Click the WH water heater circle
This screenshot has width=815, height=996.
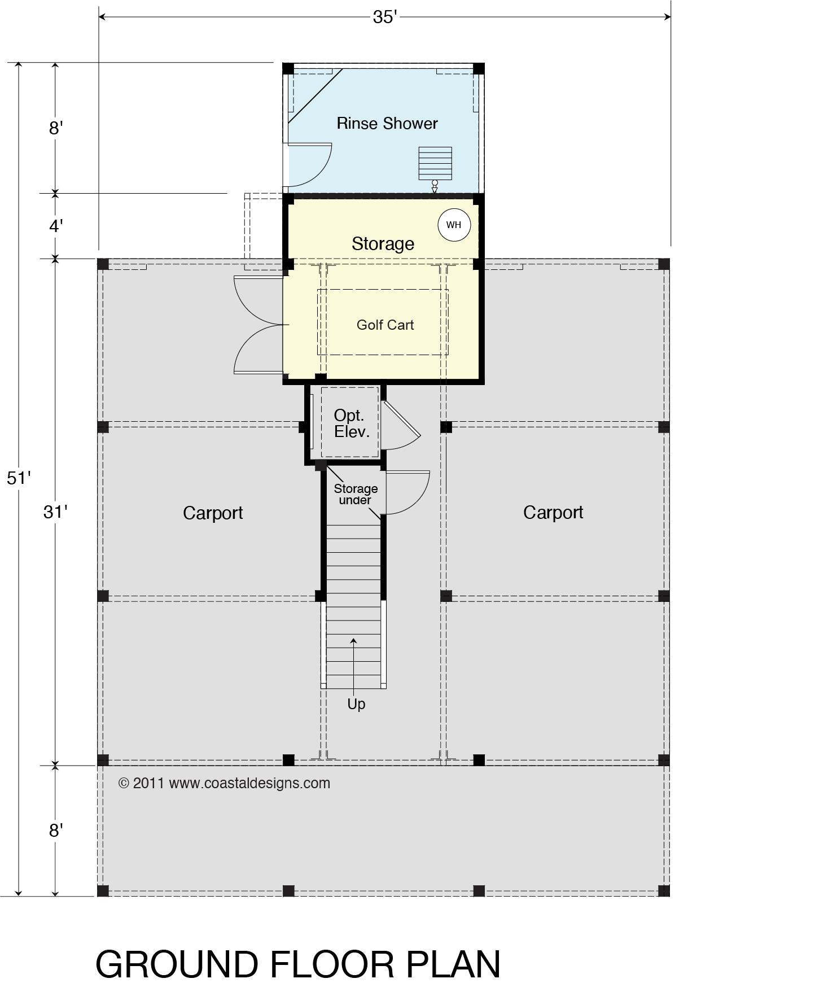coord(454,225)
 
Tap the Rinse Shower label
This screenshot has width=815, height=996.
coord(387,124)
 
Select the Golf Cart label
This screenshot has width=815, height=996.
coord(385,325)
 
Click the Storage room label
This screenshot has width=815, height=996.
coord(383,243)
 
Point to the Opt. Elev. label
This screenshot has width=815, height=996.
coord(352,423)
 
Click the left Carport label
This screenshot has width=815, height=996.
coord(213,513)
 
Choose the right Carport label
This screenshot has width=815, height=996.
coord(553,513)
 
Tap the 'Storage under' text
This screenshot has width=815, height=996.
coord(356,494)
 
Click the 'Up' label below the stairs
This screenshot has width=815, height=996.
coord(356,704)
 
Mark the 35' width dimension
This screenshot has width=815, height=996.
coord(385,18)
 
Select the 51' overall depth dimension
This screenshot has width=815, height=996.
coord(19,478)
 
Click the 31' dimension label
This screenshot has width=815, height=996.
coord(55,512)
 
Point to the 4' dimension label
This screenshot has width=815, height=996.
coord(55,226)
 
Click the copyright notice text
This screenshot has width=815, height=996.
coord(224,783)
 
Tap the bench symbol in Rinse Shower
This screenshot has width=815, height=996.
coord(435,163)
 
